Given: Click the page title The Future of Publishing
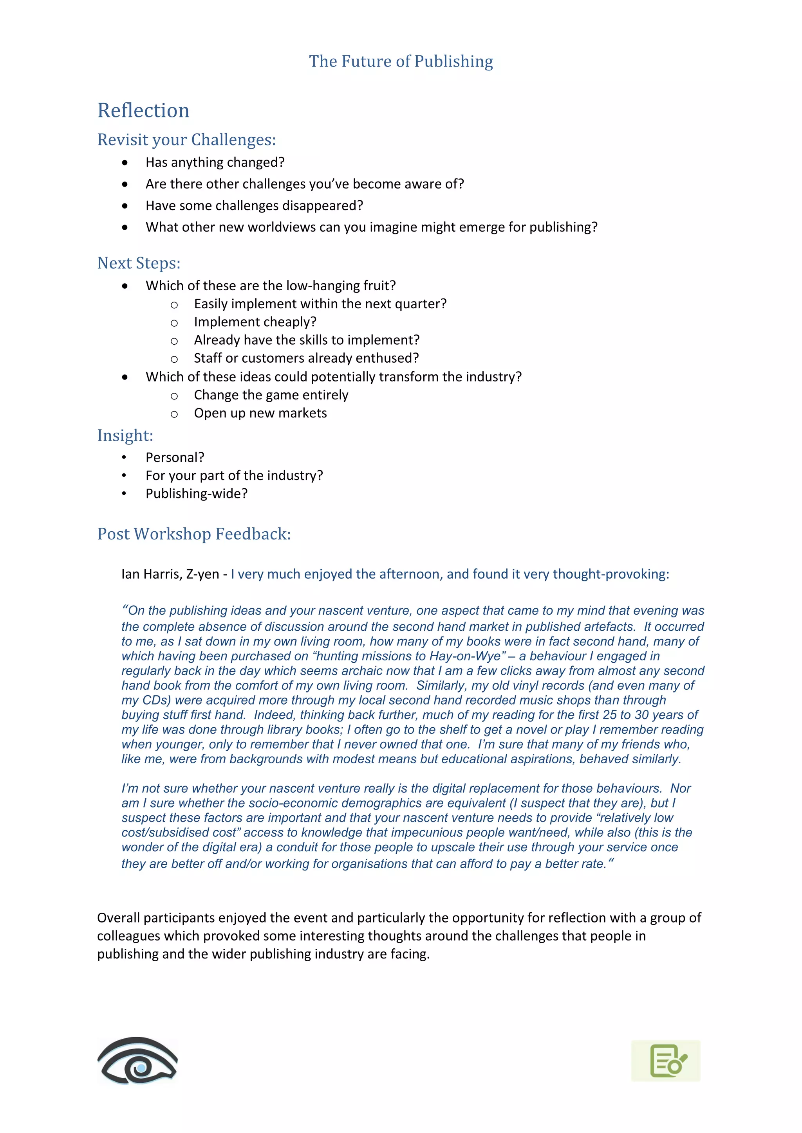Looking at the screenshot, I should pyautogui.click(x=401, y=61).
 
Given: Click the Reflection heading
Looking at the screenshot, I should pyautogui.click(x=143, y=111).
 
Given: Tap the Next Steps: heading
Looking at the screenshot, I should pyautogui.click(x=139, y=263).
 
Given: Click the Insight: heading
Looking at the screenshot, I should pyautogui.click(x=125, y=435).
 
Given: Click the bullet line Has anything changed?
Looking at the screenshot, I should pyautogui.click(x=215, y=162).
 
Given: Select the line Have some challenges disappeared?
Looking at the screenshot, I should pyautogui.click(x=254, y=205).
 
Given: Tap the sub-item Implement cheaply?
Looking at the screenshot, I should pyautogui.click(x=255, y=322).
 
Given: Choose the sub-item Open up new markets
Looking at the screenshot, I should pyautogui.click(x=260, y=413).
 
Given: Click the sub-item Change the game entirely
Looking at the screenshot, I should pyautogui.click(x=271, y=395).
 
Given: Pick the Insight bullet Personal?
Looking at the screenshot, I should pyautogui.click(x=174, y=457).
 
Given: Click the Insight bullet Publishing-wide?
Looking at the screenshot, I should pyautogui.click(x=196, y=493).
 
